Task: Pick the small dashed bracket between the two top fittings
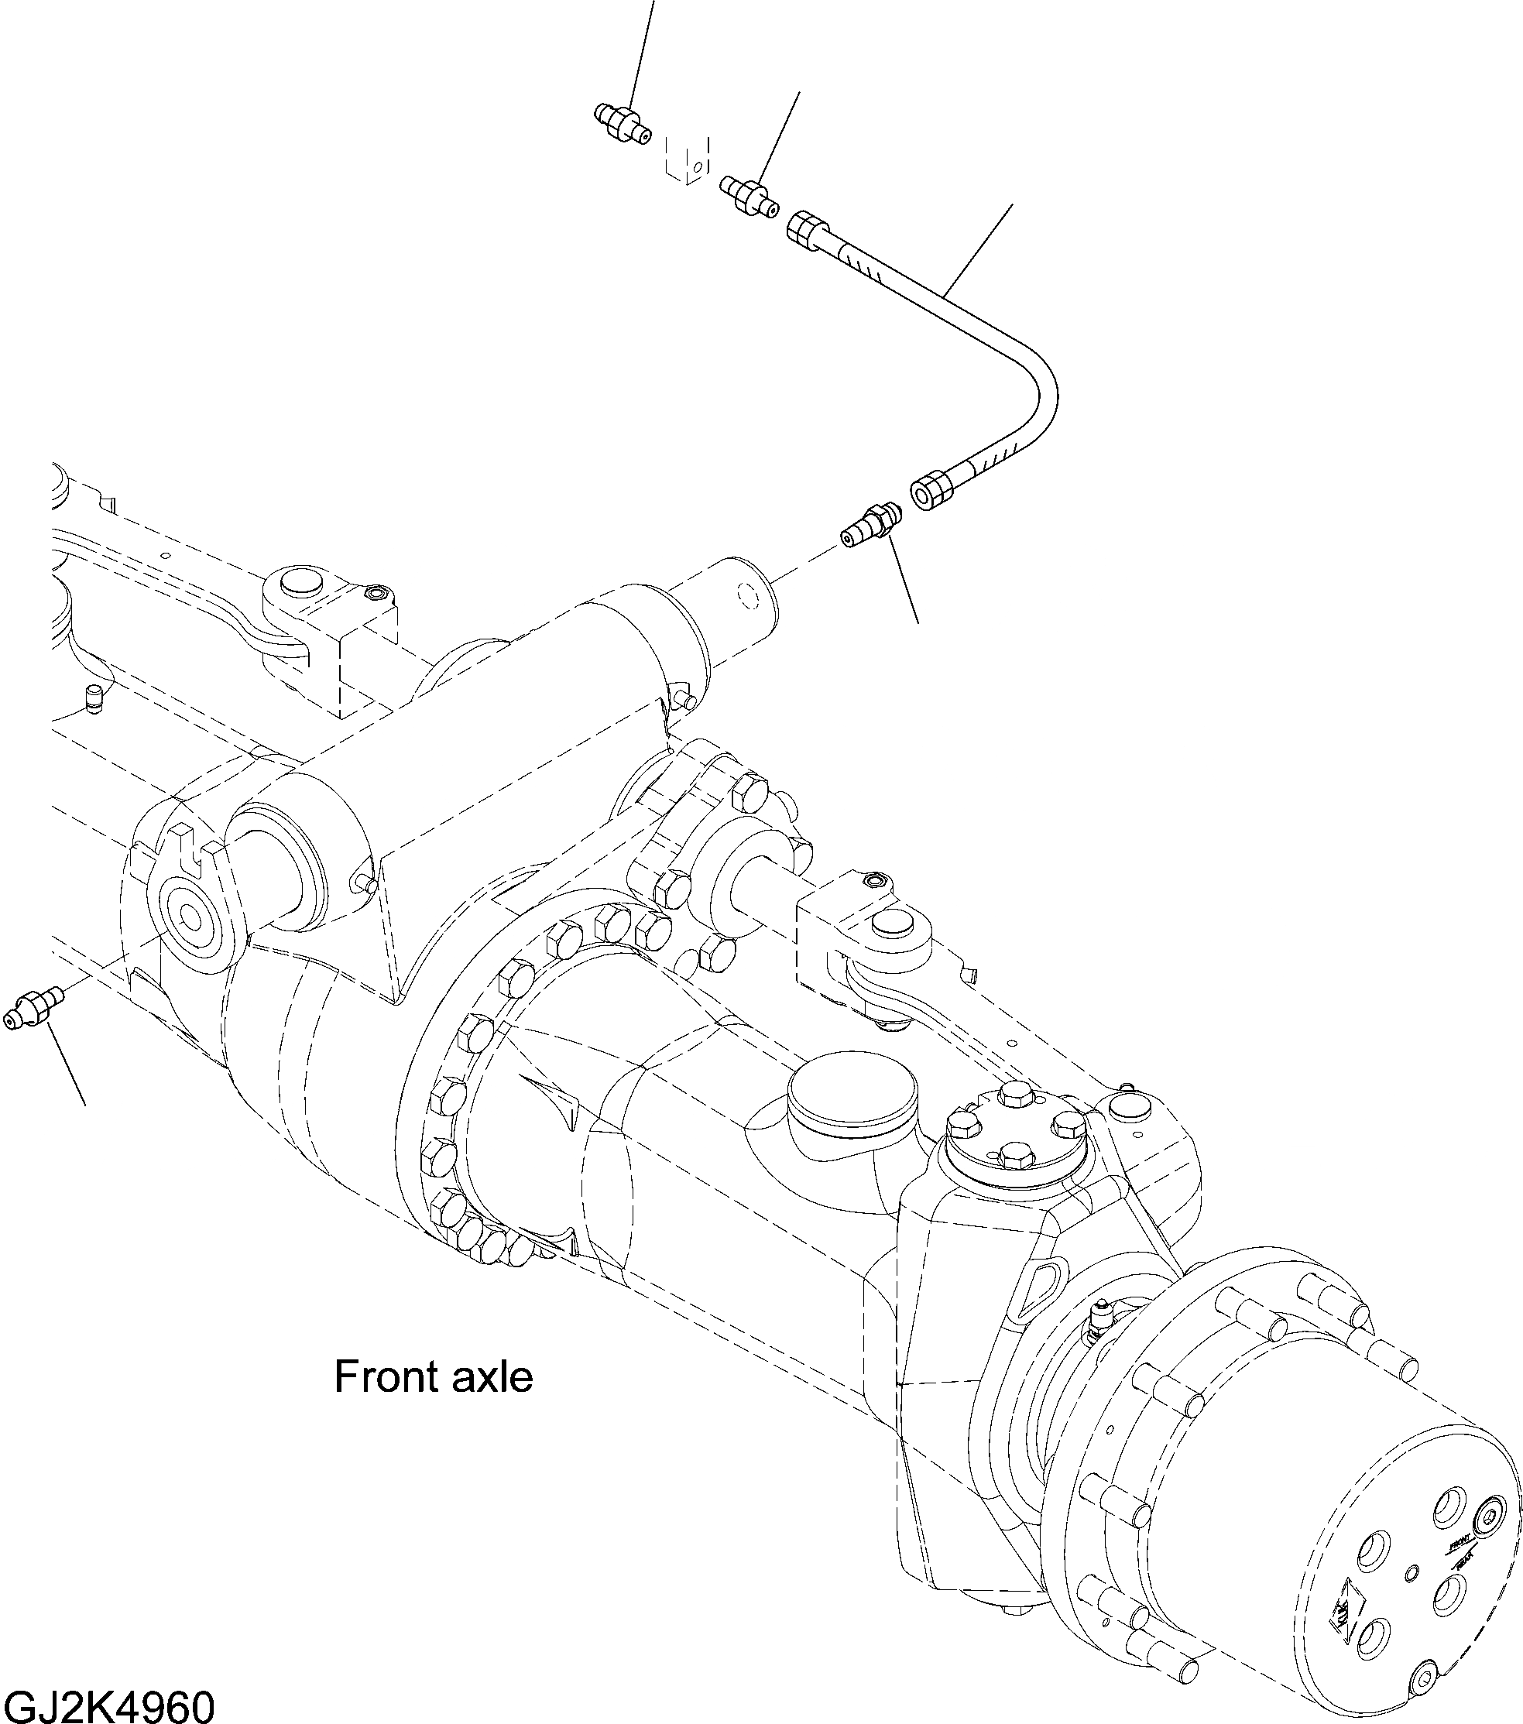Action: tap(688, 157)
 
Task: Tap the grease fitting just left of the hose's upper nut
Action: tap(749, 197)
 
